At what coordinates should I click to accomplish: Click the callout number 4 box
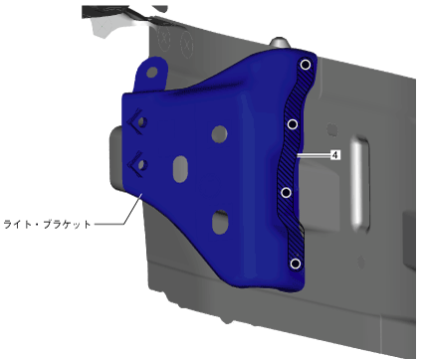tap(335, 155)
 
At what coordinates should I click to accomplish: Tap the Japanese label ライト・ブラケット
tap(47, 224)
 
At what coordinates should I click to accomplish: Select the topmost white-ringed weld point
tap(306, 65)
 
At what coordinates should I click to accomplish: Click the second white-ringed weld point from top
tap(293, 124)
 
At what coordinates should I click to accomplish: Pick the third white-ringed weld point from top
tap(286, 193)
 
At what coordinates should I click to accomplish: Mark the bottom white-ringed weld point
tap(296, 264)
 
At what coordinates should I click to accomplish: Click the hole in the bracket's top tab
tap(152, 72)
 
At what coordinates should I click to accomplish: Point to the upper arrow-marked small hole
tap(142, 121)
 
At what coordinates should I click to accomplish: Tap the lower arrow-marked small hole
tap(142, 164)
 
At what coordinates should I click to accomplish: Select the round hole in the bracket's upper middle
tap(219, 134)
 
